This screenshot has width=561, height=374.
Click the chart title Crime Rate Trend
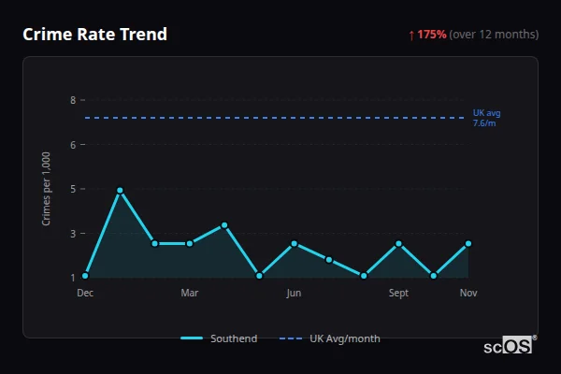(94, 35)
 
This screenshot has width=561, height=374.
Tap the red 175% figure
(432, 35)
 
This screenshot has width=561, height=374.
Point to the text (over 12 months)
(494, 35)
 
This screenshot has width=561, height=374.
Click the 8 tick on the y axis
(72, 100)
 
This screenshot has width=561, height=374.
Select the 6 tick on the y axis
(72, 144)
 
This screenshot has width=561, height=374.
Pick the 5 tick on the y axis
(72, 189)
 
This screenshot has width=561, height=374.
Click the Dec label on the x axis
(85, 294)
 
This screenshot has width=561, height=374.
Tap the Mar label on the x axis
(190, 294)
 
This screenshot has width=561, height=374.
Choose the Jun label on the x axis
(294, 294)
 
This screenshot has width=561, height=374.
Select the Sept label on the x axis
(398, 294)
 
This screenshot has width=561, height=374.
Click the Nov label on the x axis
(468, 294)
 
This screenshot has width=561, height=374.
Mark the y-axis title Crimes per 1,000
(47, 189)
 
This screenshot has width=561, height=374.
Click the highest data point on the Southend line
(120, 191)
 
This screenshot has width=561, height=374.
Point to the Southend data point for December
(85, 276)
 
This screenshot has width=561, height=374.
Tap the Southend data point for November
(468, 243)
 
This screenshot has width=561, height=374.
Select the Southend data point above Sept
(398, 243)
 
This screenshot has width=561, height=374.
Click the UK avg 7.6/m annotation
(486, 118)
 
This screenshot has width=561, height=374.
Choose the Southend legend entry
(219, 338)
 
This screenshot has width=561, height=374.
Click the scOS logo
(510, 345)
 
